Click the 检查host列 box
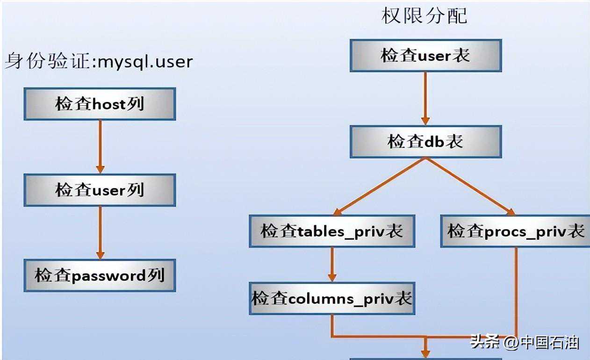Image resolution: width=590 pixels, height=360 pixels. click(100, 104)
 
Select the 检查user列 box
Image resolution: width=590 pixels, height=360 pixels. click(100, 190)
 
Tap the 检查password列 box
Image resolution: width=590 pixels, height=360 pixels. click(100, 275)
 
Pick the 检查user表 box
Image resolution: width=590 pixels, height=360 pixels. click(425, 56)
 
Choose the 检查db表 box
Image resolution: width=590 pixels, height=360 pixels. click(425, 141)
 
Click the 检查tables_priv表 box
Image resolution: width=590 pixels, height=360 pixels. click(332, 231)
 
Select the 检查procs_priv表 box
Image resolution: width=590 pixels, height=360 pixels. click(516, 231)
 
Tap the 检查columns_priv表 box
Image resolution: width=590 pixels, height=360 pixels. click(332, 298)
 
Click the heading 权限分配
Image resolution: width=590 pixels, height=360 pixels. click(425, 16)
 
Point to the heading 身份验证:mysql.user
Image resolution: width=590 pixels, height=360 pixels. click(99, 62)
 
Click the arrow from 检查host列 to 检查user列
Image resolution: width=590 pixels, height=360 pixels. click(100, 146)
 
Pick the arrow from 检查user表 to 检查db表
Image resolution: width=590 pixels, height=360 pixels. click(425, 98)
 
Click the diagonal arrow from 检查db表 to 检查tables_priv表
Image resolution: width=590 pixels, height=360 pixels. click(381, 186)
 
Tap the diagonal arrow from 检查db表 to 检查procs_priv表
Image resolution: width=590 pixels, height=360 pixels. click(469, 186)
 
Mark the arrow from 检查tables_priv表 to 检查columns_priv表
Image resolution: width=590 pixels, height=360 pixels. click(332, 264)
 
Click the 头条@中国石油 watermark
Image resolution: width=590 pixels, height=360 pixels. click(525, 342)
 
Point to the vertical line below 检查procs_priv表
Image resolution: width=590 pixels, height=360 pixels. click(516, 290)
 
